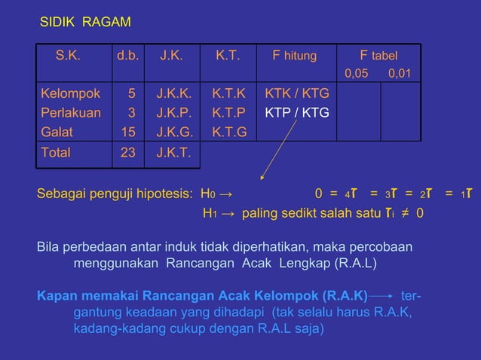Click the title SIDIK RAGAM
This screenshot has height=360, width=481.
pyautogui.click(x=84, y=23)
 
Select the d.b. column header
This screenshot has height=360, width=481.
pyautogui.click(x=127, y=55)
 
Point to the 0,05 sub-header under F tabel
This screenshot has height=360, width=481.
pyautogui.click(x=359, y=74)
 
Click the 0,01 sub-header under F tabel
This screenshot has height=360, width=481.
pyautogui.click(x=400, y=74)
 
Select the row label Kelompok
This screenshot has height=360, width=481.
pyautogui.click(x=69, y=94)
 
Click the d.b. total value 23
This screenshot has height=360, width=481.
pyautogui.click(x=129, y=152)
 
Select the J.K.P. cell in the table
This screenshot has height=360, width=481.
pyautogui.click(x=174, y=113)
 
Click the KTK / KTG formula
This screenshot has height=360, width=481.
pyautogui.click(x=297, y=94)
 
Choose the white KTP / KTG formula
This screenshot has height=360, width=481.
pyautogui.click(x=297, y=113)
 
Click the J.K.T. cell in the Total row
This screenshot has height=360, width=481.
pyautogui.click(x=174, y=152)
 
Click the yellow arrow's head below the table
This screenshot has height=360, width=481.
pyautogui.click(x=262, y=178)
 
